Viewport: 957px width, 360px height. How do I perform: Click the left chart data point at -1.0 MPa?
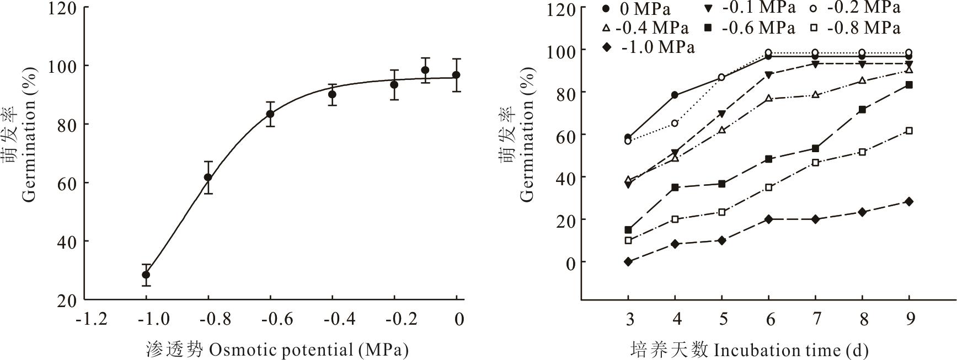pyautogui.click(x=146, y=275)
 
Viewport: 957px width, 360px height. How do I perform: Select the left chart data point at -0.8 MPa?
pyautogui.click(x=208, y=178)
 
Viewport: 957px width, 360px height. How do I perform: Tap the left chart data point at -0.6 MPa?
pyautogui.click(x=270, y=114)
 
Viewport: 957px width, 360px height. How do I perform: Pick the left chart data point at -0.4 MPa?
pyautogui.click(x=332, y=94)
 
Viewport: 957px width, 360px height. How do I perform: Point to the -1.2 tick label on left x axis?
pyautogui.click(x=93, y=319)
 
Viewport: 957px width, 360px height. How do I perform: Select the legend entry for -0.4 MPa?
pyautogui.click(x=646, y=28)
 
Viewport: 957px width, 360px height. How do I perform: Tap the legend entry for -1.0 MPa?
pyautogui.click(x=649, y=47)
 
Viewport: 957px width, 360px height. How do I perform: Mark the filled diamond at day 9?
pyautogui.click(x=909, y=202)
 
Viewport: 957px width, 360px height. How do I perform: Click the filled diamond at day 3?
pyautogui.click(x=628, y=262)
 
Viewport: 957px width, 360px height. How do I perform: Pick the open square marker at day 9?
pyautogui.click(x=909, y=131)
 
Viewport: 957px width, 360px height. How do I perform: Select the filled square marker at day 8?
pyautogui.click(x=862, y=110)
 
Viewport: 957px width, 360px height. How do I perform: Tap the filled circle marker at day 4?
pyautogui.click(x=675, y=95)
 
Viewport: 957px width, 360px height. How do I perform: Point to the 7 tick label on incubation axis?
pyautogui.click(x=816, y=319)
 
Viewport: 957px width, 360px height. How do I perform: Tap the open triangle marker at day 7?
pyautogui.click(x=815, y=95)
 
